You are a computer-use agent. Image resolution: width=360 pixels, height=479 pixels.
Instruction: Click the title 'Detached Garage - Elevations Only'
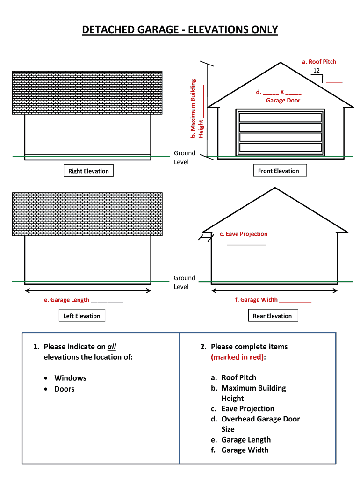(180, 30)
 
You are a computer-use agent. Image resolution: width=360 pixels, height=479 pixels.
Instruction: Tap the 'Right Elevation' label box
(88, 171)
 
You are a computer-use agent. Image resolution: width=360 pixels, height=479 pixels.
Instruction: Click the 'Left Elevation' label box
(82, 316)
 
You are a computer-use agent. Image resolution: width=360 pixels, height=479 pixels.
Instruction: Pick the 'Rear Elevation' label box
(272, 316)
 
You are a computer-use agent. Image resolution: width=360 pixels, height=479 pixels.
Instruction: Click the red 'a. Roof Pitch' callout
(319, 62)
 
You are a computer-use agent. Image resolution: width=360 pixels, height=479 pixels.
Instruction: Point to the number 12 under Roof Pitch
(317, 71)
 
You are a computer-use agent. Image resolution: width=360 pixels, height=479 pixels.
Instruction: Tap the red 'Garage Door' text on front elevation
(283, 101)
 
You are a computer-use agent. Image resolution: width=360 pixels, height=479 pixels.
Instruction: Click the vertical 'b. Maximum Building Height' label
(197, 108)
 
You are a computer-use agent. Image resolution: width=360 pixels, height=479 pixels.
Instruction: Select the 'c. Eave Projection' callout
(244, 234)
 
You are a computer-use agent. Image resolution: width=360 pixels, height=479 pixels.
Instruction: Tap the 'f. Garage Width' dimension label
(256, 300)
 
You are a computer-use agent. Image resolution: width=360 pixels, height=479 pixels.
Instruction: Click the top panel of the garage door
(281, 117)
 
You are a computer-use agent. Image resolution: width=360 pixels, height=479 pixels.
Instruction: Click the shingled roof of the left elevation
(87, 214)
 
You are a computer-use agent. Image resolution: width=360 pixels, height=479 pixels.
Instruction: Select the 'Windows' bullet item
(70, 378)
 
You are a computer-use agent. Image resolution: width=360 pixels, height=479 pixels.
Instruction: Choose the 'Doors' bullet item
(65, 389)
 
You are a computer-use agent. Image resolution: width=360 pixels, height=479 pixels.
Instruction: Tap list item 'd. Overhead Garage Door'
(260, 419)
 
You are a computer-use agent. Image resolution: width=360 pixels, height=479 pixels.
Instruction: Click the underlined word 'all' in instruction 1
(112, 347)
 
